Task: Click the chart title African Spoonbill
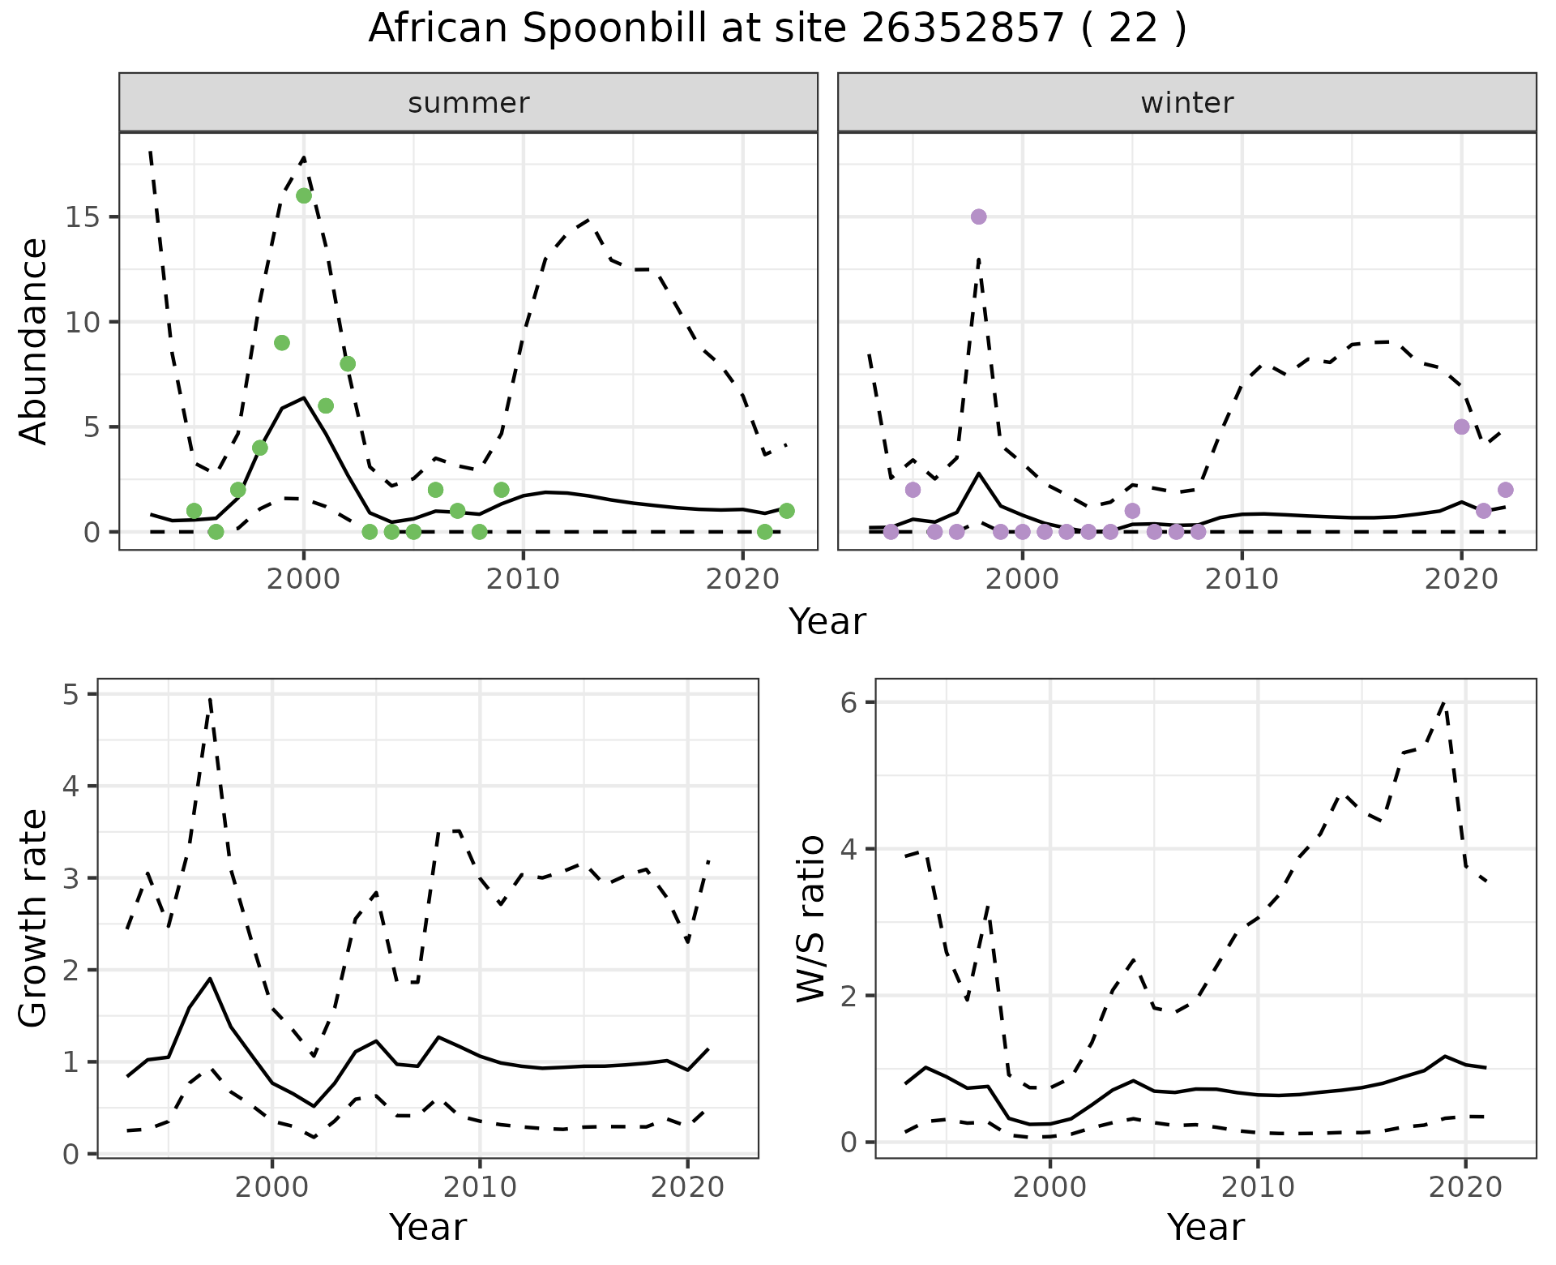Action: (x=777, y=29)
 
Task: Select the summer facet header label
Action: (x=468, y=103)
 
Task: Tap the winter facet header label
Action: (x=1186, y=103)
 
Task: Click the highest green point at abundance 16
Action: (x=304, y=195)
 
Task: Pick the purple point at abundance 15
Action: (x=978, y=217)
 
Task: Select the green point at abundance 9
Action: (x=282, y=342)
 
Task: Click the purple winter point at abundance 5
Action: (x=1461, y=427)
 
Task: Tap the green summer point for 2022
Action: (x=786, y=510)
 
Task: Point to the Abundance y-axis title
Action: (x=34, y=341)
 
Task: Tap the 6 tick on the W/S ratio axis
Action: (x=849, y=702)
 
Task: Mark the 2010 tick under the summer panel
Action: (x=523, y=579)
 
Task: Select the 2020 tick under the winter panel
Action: (x=1461, y=579)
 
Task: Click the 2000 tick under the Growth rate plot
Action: (x=272, y=1187)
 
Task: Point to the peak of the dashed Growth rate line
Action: (x=210, y=697)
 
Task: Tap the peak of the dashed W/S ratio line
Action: (x=1444, y=702)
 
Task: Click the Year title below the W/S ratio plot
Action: (x=1205, y=1228)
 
